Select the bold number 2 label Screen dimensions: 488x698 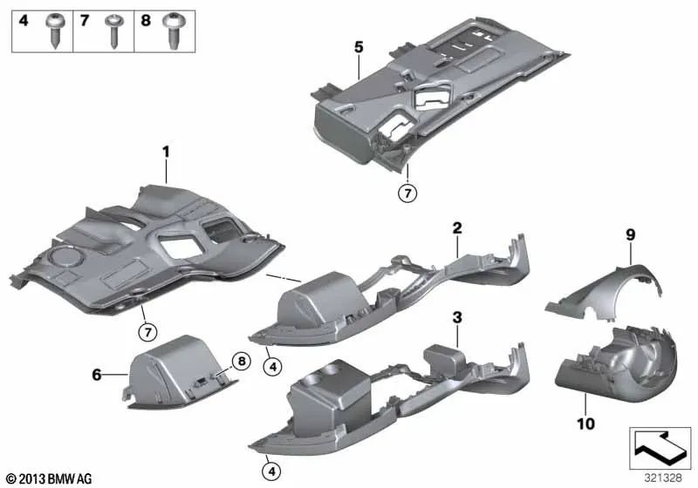coord(455,227)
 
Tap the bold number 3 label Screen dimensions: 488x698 coord(455,317)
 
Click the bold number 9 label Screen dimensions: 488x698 coord(630,234)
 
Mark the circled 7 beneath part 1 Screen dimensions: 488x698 coord(148,330)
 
